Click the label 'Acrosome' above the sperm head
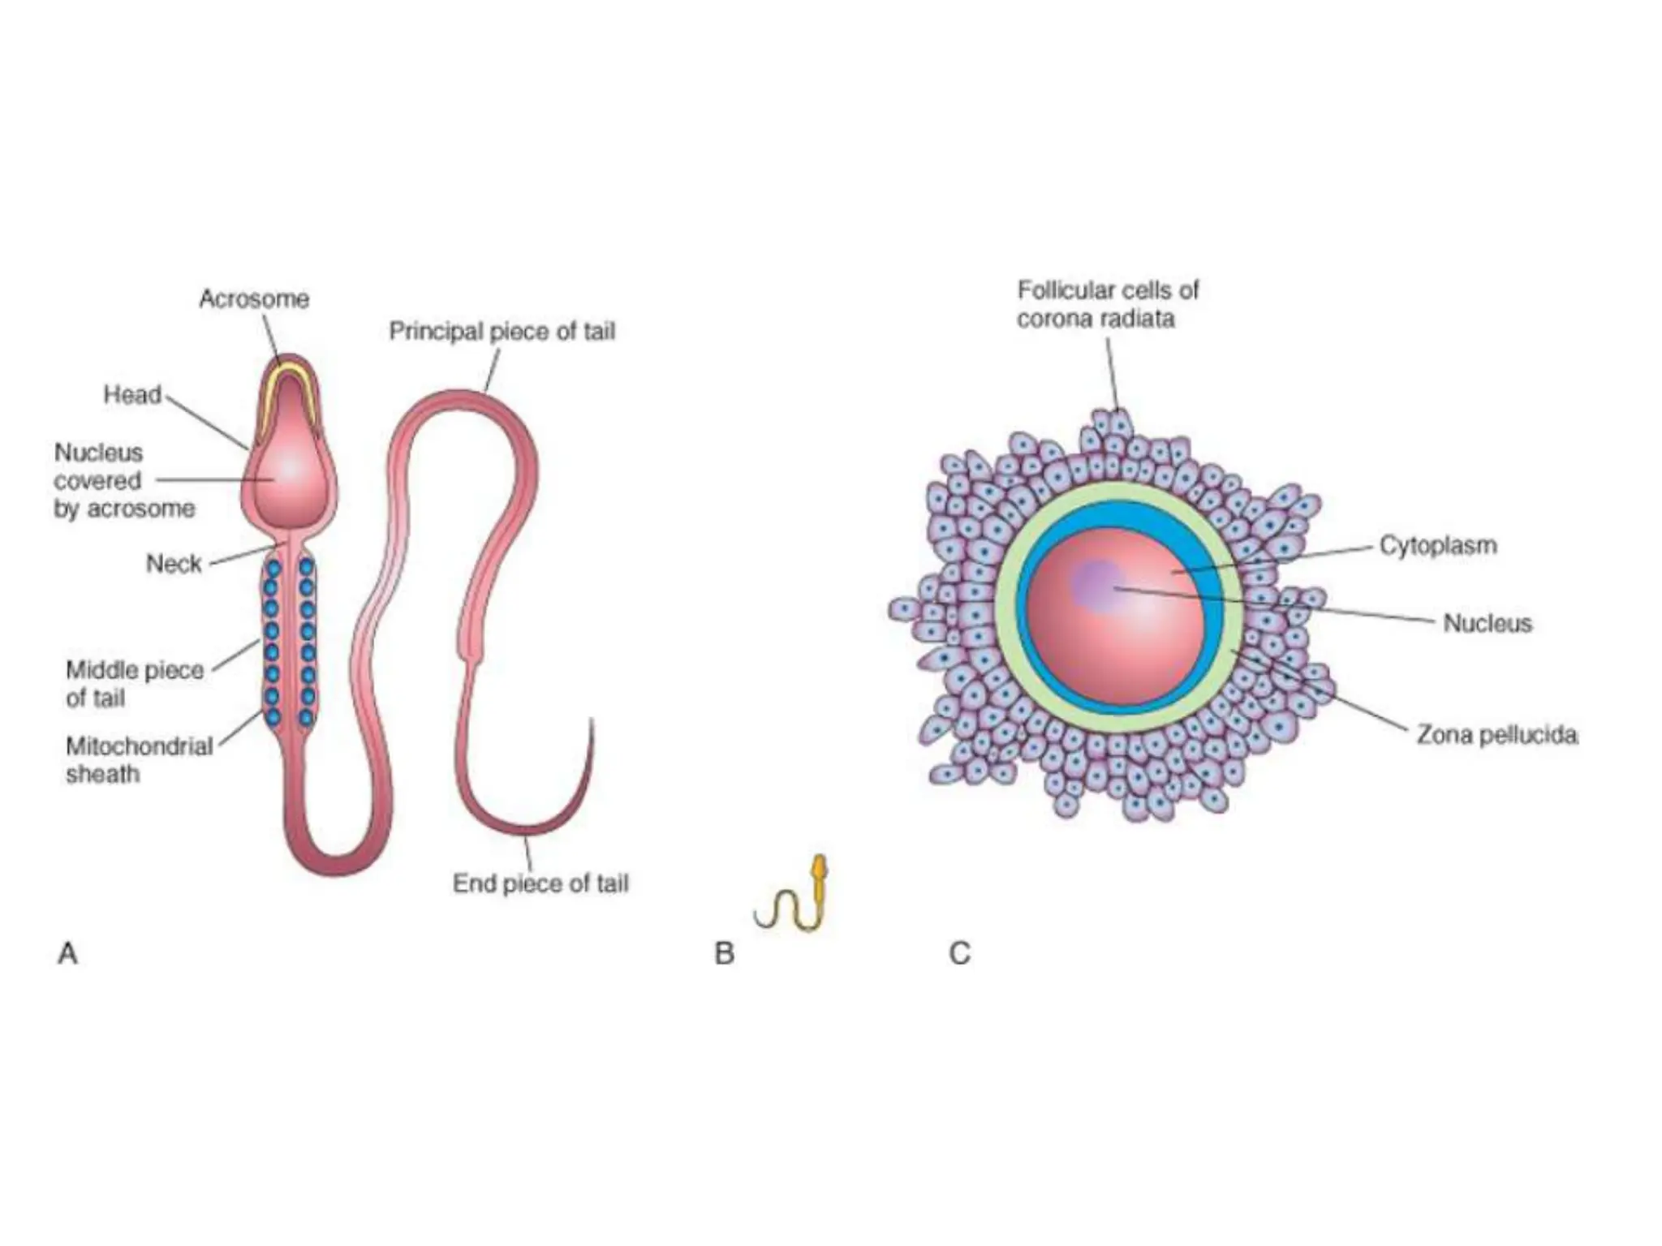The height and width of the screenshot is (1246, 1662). (x=254, y=299)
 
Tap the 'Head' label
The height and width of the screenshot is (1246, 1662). (x=132, y=395)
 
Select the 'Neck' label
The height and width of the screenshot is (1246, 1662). (x=174, y=564)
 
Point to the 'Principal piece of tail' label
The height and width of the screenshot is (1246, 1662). (x=502, y=332)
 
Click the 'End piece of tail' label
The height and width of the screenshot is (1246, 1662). (x=540, y=883)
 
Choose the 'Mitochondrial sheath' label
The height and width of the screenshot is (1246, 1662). (x=140, y=760)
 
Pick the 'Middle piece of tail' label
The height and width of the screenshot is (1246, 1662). (x=135, y=684)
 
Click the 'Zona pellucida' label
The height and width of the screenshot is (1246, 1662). (x=1497, y=736)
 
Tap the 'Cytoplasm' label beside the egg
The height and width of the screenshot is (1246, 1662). (x=1439, y=545)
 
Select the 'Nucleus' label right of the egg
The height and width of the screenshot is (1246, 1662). (x=1488, y=623)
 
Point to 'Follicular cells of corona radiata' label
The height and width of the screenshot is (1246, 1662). (x=1108, y=304)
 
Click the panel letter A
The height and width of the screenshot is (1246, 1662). (x=68, y=953)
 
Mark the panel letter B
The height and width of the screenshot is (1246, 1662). (x=724, y=953)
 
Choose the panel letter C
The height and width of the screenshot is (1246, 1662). (x=960, y=953)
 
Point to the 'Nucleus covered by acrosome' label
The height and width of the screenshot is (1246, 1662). (x=124, y=481)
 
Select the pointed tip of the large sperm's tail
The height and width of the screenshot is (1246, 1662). (x=592, y=719)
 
